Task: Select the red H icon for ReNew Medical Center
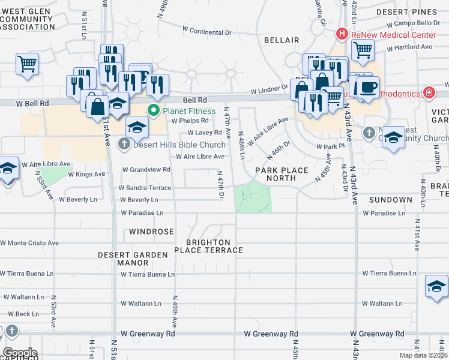342,34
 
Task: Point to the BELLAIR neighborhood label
281,40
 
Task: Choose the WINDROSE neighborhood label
151,231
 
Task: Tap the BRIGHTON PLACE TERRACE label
209,246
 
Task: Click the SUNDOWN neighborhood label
390,199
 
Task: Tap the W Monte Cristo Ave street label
29,243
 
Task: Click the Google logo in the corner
19,353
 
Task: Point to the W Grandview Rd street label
146,170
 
